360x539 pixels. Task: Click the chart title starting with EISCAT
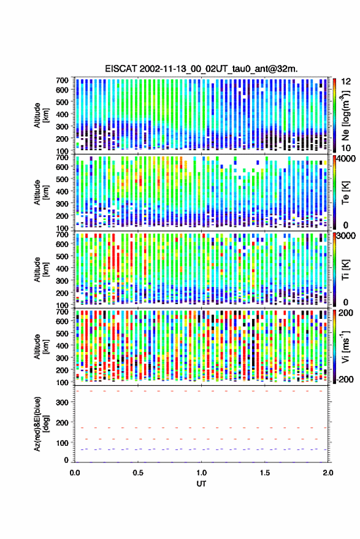click(201, 69)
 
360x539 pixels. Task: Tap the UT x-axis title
click(201, 484)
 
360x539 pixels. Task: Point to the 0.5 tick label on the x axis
click(138, 473)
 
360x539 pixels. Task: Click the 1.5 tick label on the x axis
click(265, 473)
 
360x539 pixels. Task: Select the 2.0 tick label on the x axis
click(328, 473)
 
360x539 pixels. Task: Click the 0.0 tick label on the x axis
click(75, 473)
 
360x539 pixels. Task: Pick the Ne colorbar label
click(345, 115)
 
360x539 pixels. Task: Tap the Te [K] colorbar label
click(345, 193)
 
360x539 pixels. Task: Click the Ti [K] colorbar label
click(345, 270)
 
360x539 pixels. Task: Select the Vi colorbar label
click(345, 346)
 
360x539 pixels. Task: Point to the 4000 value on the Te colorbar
click(347, 160)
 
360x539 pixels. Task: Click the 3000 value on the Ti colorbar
click(347, 236)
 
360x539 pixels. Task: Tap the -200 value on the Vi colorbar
click(345, 380)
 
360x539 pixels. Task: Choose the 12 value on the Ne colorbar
click(347, 82)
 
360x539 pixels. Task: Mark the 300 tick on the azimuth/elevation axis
click(61, 402)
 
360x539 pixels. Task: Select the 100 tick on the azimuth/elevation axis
click(61, 443)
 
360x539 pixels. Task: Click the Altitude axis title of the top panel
click(41, 115)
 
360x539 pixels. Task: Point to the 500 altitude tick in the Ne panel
click(62, 102)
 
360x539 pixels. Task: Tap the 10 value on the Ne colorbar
click(347, 148)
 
